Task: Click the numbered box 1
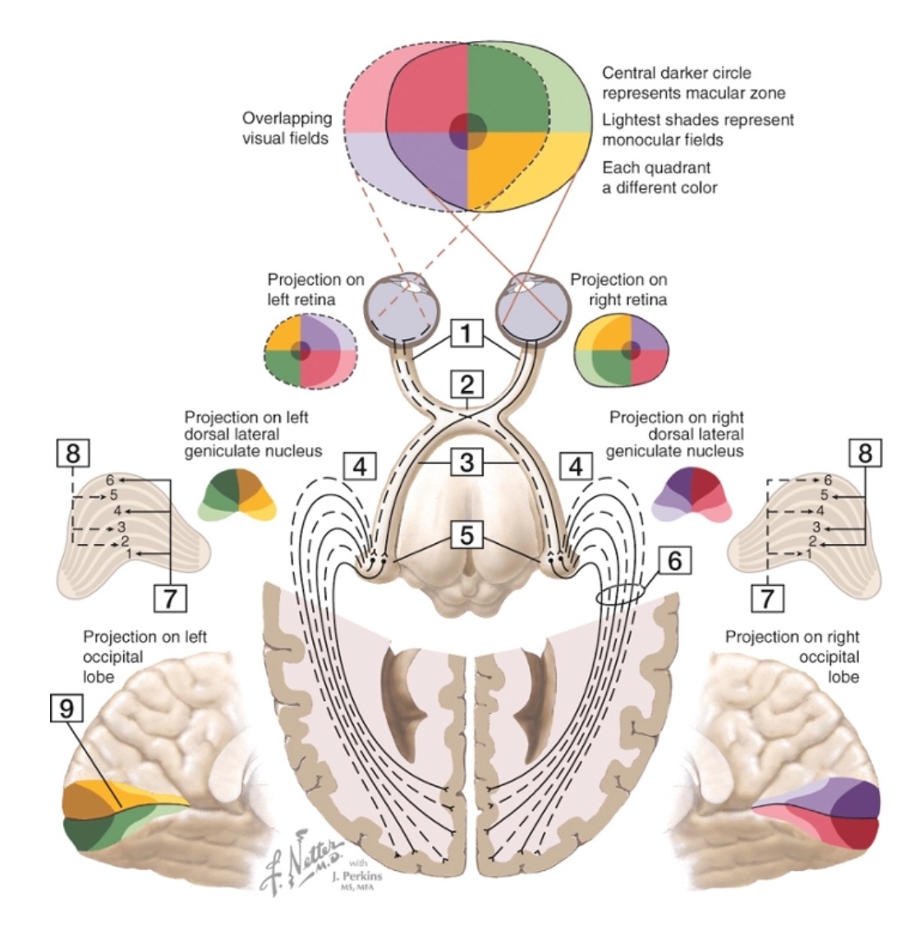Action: (x=466, y=334)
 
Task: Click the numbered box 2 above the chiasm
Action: (x=466, y=385)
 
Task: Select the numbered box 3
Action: (x=466, y=463)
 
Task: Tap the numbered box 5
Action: (x=466, y=536)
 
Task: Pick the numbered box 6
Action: (x=673, y=562)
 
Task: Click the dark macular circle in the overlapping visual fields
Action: (x=468, y=131)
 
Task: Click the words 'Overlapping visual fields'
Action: (x=287, y=128)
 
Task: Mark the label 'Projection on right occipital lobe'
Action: (x=793, y=656)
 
